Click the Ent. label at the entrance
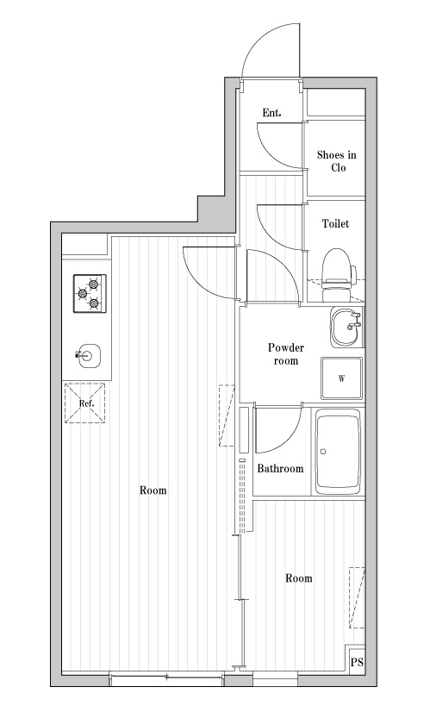pyautogui.click(x=271, y=113)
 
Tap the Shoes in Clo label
pyautogui.click(x=336, y=161)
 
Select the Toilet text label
pyautogui.click(x=335, y=223)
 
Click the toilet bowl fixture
pyautogui.click(x=338, y=275)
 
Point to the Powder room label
pyautogui.click(x=285, y=354)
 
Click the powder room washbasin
pyautogui.click(x=347, y=328)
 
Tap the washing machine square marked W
pyautogui.click(x=342, y=378)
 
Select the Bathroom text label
pyautogui.click(x=280, y=469)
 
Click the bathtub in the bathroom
pyautogui.click(x=338, y=452)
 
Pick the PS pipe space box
pyautogui.click(x=357, y=662)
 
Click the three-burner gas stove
pyautogui.click(x=90, y=293)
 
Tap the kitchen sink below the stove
pyautogui.click(x=88, y=355)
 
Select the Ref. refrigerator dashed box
pyautogui.click(x=85, y=403)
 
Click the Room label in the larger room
pyautogui.click(x=153, y=490)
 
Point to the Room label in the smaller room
pyautogui.click(x=299, y=578)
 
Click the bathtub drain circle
pyautogui.click(x=323, y=452)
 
